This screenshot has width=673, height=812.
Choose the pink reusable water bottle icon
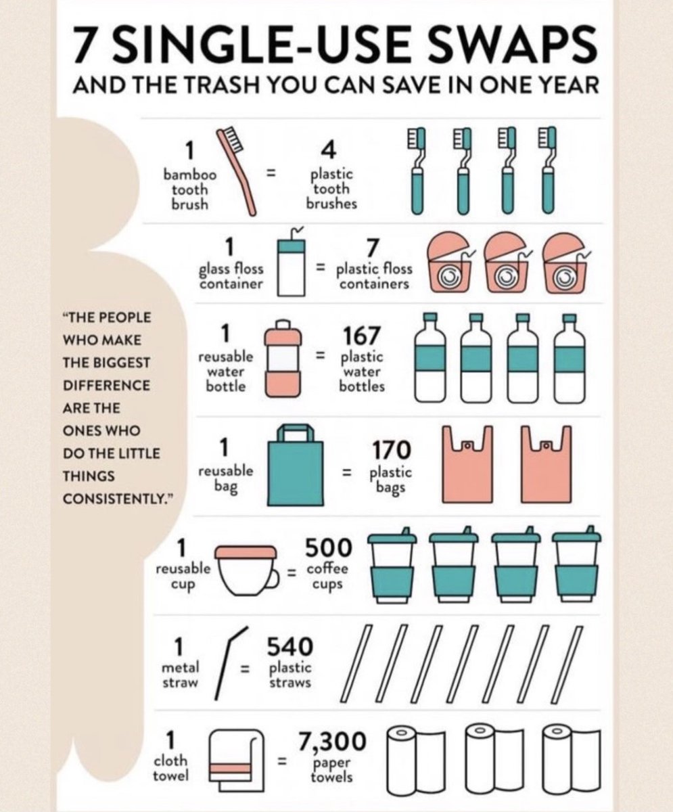tap(283, 357)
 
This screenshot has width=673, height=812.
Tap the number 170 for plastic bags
tap(391, 450)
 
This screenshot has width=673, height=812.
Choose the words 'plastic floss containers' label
tap(374, 277)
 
